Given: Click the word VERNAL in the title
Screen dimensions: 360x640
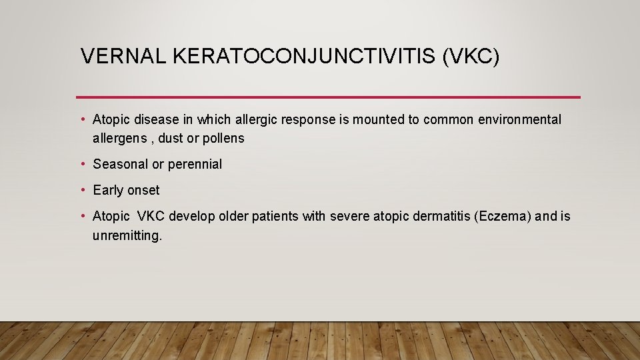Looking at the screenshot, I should pyautogui.click(x=122, y=57).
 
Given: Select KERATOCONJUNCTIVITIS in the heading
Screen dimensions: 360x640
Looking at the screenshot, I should pyautogui.click(x=304, y=57).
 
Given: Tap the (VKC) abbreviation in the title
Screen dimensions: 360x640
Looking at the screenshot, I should pyautogui.click(x=470, y=57).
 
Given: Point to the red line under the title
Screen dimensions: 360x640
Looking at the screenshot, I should pyautogui.click(x=328, y=97).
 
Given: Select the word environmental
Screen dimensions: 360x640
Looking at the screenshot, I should pyautogui.click(x=520, y=120).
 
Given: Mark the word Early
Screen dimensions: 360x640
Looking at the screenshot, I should pyautogui.click(x=108, y=190).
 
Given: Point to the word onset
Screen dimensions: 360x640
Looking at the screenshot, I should pyautogui.click(x=143, y=190).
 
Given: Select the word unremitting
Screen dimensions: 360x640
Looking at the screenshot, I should pyautogui.click(x=127, y=236).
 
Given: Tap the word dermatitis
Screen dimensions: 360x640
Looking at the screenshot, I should pyautogui.click(x=438, y=217).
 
